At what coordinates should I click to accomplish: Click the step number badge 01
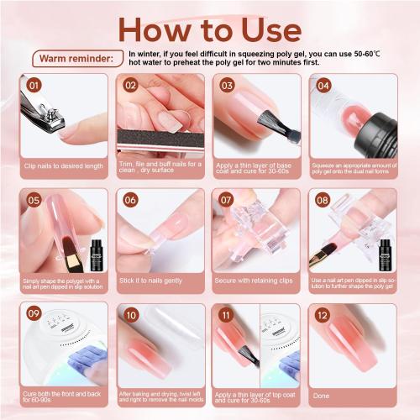pos(33,85)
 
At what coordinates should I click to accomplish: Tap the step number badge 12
pos(322,315)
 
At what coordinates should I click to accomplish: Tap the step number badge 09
pos(33,315)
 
